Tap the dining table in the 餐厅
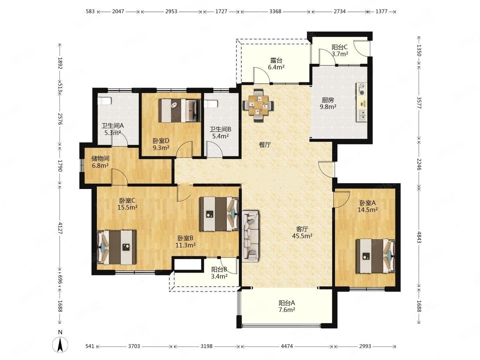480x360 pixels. (x=258, y=105)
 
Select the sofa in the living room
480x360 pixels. (x=250, y=236)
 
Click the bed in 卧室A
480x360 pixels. (x=375, y=256)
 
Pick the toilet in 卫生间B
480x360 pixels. (x=210, y=104)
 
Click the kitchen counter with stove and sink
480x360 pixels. (x=361, y=102)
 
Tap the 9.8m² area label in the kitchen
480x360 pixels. (x=328, y=107)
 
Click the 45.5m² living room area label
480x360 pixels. (x=302, y=236)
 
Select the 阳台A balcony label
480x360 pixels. (x=287, y=303)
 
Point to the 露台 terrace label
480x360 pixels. (x=276, y=60)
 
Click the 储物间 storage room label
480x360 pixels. (x=100, y=158)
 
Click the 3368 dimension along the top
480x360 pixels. (x=275, y=11)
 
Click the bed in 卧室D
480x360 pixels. (x=180, y=111)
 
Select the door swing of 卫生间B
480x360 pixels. (x=215, y=149)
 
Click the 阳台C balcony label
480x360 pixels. (x=340, y=47)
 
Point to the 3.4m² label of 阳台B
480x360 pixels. (x=219, y=277)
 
